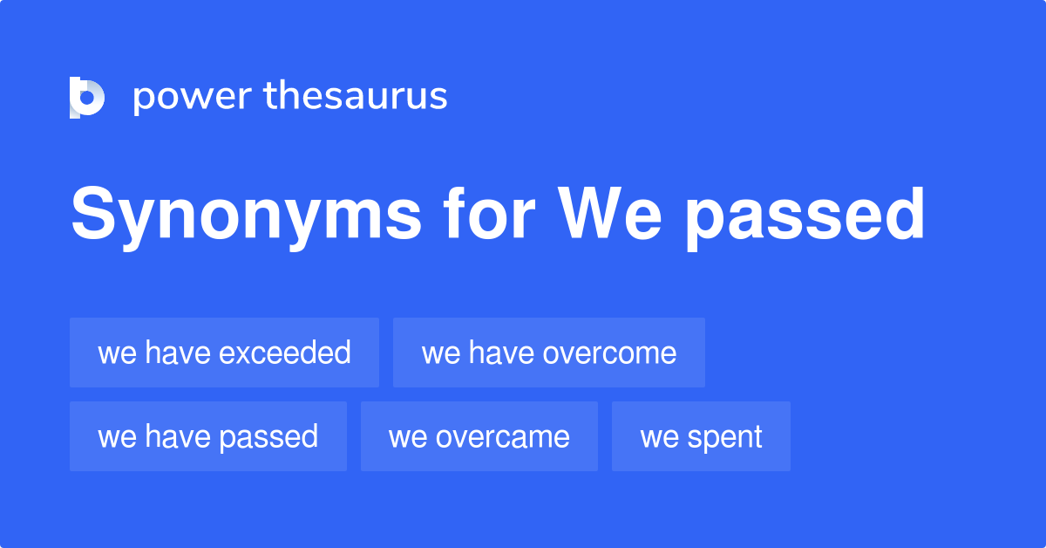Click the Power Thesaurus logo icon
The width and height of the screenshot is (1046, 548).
[87, 97]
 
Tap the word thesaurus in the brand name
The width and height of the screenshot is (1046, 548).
[356, 97]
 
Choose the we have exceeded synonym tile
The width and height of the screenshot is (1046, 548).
[224, 353]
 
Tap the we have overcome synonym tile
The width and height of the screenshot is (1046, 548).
[548, 353]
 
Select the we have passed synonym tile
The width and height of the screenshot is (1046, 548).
[207, 436]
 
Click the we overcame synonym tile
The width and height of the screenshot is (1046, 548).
[479, 436]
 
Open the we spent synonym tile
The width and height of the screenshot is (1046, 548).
[701, 436]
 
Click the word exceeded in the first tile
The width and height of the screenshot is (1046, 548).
[284, 353]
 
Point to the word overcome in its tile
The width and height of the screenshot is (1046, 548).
[609, 353]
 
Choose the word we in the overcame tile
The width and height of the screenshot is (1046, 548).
[407, 436]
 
